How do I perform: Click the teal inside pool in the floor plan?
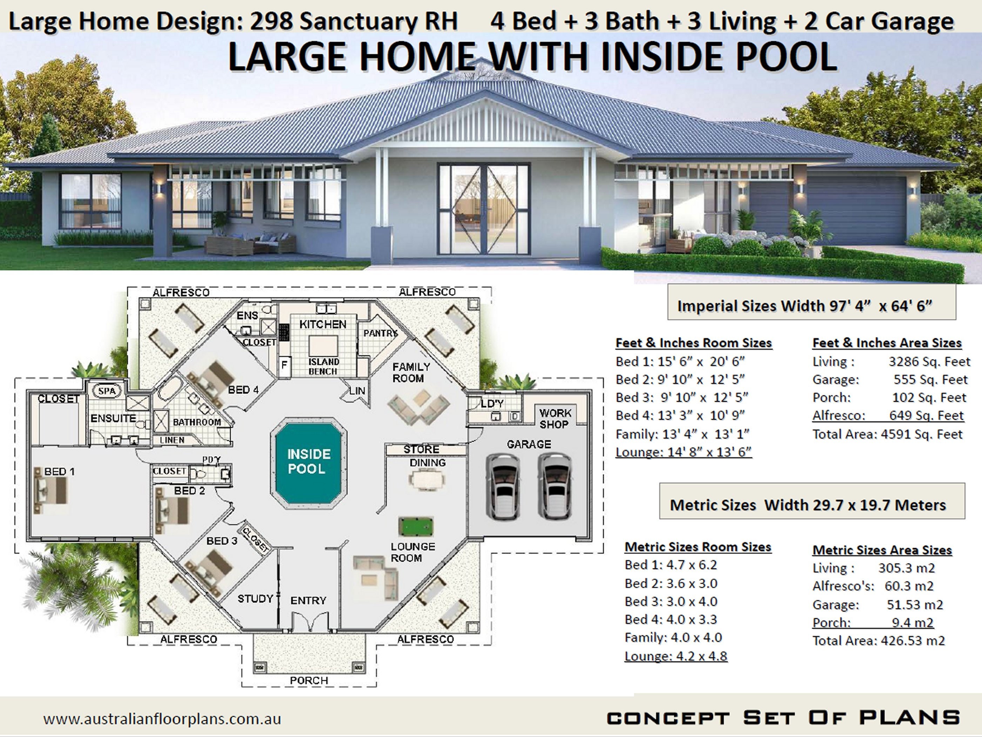point(309,462)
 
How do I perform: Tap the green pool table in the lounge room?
point(416,527)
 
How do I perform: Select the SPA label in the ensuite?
point(107,391)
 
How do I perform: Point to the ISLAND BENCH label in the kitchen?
point(323,366)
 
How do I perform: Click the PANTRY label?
point(380,333)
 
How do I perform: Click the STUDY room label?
point(255,599)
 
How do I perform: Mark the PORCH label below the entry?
point(309,680)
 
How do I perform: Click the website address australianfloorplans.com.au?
point(162,719)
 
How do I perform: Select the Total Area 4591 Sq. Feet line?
point(887,434)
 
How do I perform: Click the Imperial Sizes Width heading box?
point(811,305)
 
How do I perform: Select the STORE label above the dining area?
point(421,449)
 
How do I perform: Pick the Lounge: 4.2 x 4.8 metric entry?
point(676,656)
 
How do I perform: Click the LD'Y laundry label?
point(492,403)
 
